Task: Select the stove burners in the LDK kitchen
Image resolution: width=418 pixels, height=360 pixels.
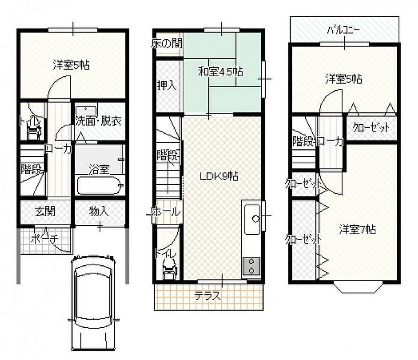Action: pos(251,267)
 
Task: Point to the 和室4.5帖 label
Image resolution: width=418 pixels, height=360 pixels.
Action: pos(220,72)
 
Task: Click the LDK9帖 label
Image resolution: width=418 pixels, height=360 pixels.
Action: pos(219,176)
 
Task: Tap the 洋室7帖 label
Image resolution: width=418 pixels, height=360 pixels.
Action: pos(358,229)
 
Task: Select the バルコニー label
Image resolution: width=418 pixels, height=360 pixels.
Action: pos(343,29)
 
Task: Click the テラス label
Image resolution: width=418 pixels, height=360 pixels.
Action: pos(208,296)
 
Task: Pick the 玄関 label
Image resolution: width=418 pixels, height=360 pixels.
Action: pos(45,211)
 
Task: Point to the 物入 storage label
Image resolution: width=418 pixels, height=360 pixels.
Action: pos(99,211)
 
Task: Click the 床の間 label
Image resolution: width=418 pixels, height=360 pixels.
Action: pos(167,43)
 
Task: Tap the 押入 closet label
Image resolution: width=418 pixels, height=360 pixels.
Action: pos(167,85)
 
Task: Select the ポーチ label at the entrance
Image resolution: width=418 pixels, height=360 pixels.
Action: pos(44,238)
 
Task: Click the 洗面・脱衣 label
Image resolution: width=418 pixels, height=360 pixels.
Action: pos(98,121)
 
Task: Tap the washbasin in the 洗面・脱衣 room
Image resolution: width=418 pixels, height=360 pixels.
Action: pos(86,111)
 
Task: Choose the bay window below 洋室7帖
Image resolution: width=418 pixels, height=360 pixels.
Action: pos(357,287)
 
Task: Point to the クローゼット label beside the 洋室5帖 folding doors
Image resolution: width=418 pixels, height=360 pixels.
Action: pos(371,128)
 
